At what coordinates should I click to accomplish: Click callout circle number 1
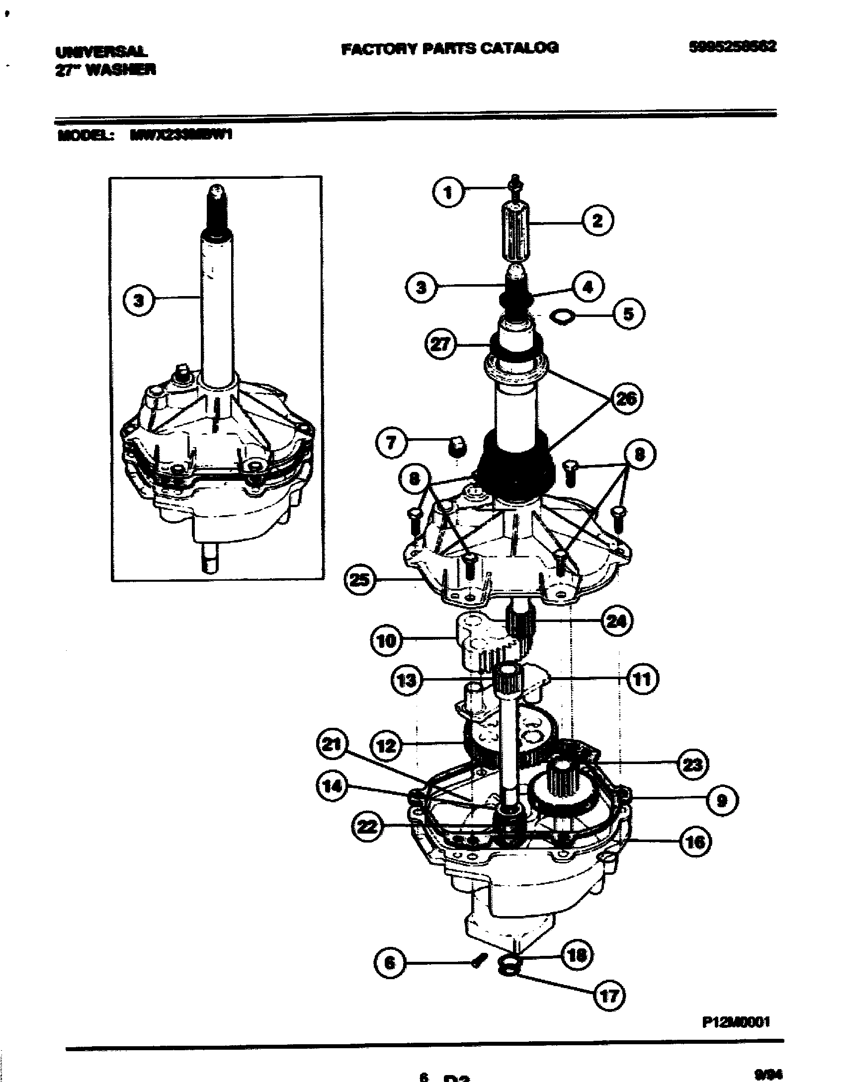[x=448, y=192]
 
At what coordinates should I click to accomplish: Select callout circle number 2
[x=597, y=220]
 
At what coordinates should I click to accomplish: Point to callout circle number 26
[x=627, y=398]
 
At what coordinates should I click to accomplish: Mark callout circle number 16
[x=695, y=842]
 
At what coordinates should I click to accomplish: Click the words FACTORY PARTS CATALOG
[x=450, y=48]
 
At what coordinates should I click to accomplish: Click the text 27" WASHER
[x=105, y=70]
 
